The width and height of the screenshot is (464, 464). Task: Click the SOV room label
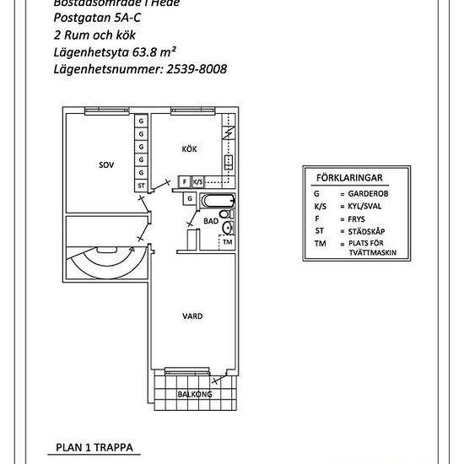click(x=105, y=166)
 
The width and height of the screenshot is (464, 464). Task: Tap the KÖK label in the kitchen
click(x=189, y=149)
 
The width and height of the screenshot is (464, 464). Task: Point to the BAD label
click(x=211, y=221)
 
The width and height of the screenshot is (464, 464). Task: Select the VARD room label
click(x=192, y=316)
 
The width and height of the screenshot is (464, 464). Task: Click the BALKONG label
click(x=194, y=394)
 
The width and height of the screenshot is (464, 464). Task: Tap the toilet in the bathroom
click(x=228, y=226)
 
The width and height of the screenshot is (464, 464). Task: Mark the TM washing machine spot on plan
click(x=227, y=242)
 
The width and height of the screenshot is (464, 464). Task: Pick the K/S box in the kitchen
click(x=198, y=181)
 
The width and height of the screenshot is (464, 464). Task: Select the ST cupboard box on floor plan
click(x=141, y=186)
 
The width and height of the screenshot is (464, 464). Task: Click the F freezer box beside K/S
click(x=184, y=181)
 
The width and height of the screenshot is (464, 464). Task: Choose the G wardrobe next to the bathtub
click(x=191, y=199)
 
